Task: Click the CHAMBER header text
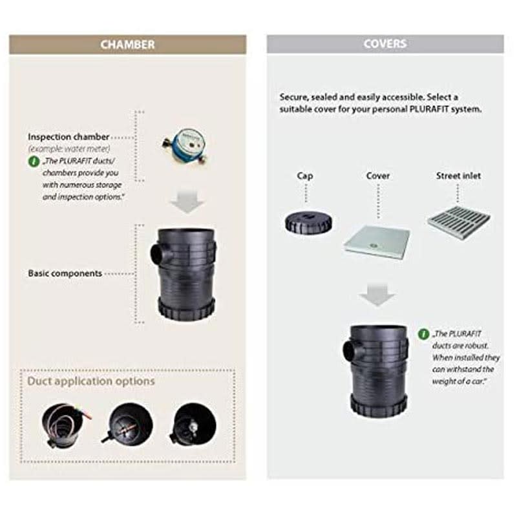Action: (127, 45)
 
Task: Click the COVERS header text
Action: (385, 44)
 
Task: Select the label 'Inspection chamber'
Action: (69, 136)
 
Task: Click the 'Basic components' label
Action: (65, 273)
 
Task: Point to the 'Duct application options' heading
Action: (91, 381)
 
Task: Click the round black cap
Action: (308, 222)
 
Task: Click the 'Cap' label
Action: (305, 176)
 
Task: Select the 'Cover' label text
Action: (378, 176)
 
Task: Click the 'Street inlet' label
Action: (458, 176)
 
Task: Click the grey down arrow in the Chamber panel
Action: (187, 202)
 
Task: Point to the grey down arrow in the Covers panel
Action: (377, 295)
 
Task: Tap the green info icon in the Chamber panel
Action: (34, 162)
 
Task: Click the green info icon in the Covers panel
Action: (423, 334)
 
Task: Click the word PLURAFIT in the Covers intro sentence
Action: (429, 109)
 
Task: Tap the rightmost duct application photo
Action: (193, 424)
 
